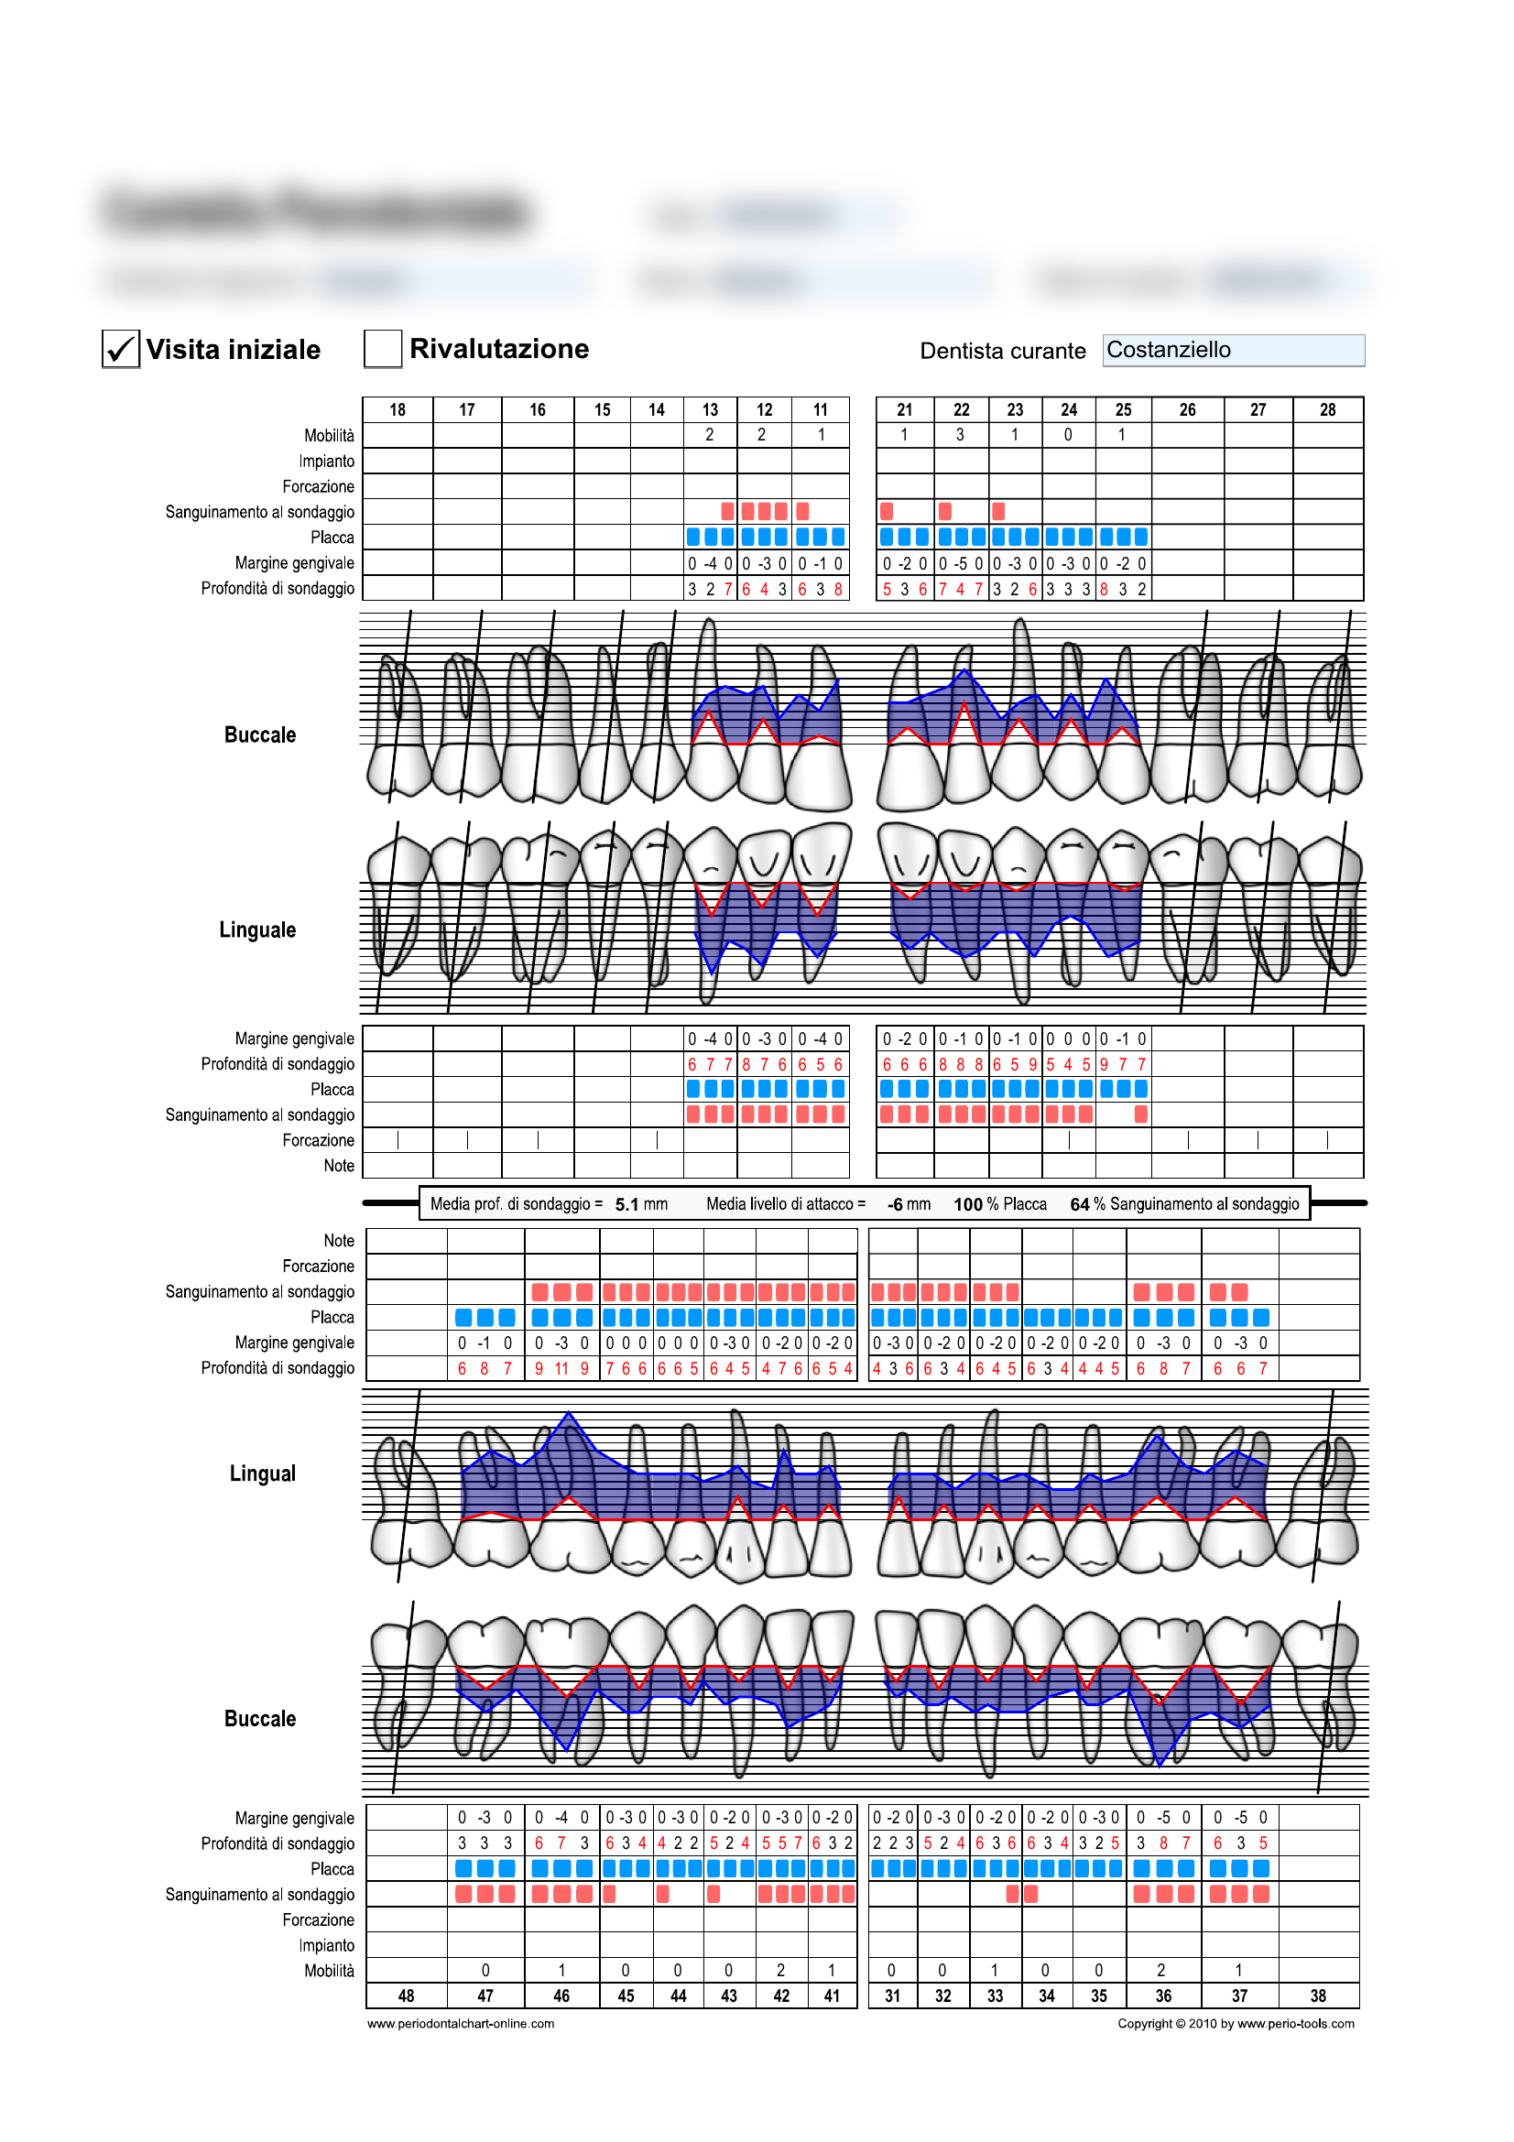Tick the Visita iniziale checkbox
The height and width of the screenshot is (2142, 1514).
point(120,349)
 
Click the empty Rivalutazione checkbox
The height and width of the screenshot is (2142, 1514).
point(383,349)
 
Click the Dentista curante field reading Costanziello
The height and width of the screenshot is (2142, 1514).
point(1232,350)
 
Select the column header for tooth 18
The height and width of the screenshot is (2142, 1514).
point(398,409)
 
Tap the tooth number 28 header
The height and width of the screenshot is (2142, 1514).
point(1327,409)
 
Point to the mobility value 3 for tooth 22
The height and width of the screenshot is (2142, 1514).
point(960,435)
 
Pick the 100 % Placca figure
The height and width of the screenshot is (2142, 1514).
point(999,1204)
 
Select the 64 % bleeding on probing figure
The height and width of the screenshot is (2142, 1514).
point(1183,1204)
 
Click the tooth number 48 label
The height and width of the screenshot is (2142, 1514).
point(406,1995)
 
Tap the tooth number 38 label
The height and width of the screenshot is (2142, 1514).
point(1317,1995)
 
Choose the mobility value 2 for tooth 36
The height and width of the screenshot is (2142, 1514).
point(1160,1971)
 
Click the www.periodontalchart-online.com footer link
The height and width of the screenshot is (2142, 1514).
point(461,2024)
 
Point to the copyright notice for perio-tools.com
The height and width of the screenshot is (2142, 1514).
point(1235,2024)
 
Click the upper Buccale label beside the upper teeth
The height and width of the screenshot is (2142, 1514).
point(259,735)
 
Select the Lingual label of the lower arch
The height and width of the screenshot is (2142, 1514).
point(262,1473)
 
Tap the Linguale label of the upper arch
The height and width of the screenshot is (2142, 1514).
point(257,930)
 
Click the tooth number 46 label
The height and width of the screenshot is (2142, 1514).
point(561,1995)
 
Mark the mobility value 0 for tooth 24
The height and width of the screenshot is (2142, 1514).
point(1068,435)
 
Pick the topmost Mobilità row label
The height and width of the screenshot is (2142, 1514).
point(329,436)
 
